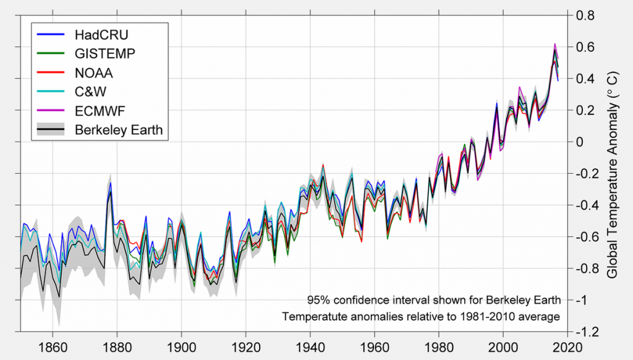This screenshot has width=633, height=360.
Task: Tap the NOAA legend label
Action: pyautogui.click(x=94, y=72)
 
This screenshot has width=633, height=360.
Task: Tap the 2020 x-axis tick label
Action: pyautogui.click(x=568, y=348)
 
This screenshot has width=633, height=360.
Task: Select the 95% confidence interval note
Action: pyautogui.click(x=433, y=301)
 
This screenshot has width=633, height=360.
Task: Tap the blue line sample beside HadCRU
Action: pyautogui.click(x=51, y=34)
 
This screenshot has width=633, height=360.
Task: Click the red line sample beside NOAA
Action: pyautogui.click(x=51, y=72)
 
